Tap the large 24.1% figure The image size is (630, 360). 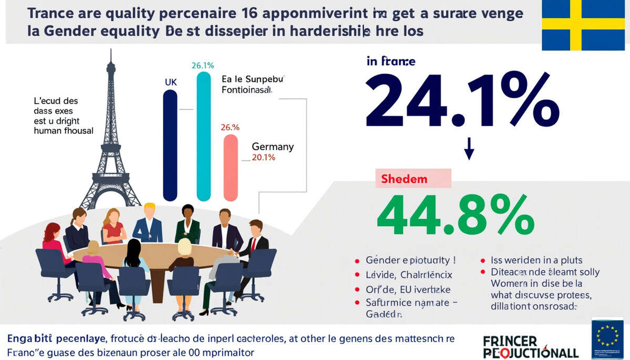pos(462,100)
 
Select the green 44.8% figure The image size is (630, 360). pos(456,215)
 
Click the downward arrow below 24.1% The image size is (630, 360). pos(469,149)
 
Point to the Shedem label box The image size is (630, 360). pos(414,179)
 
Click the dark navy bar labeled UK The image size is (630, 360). pos(170,145)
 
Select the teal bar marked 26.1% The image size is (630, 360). pos(203,137)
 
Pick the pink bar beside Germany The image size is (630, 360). pos(231,167)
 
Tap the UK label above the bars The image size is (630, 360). pos(171,82)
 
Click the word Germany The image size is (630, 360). pos(273,147)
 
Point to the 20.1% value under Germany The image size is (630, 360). pos(264,157)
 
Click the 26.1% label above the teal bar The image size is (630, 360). pos(202,66)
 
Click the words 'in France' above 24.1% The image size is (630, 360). pos(391,61)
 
